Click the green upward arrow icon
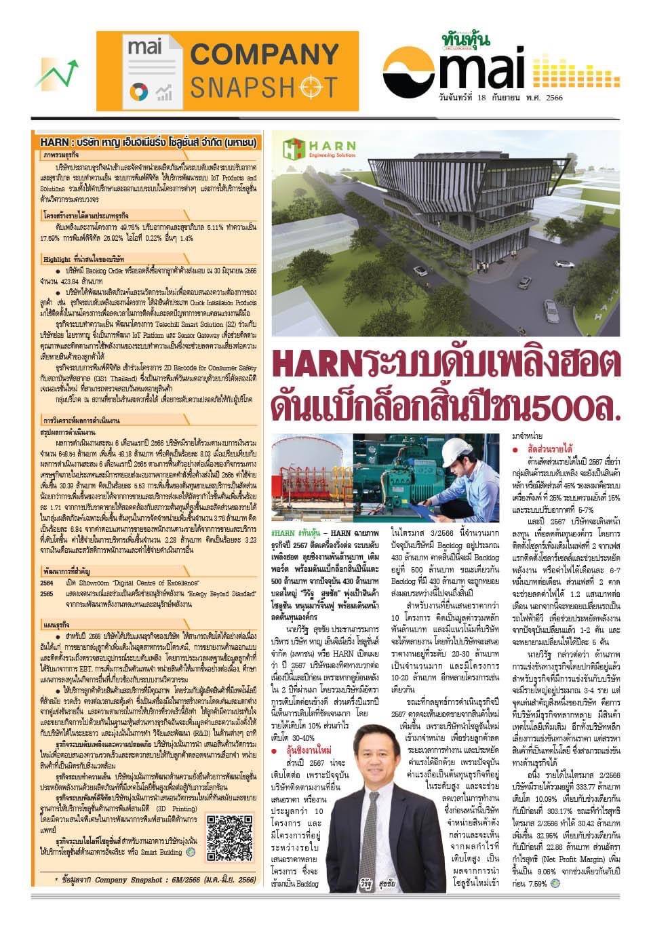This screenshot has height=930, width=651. pos(54,73)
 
